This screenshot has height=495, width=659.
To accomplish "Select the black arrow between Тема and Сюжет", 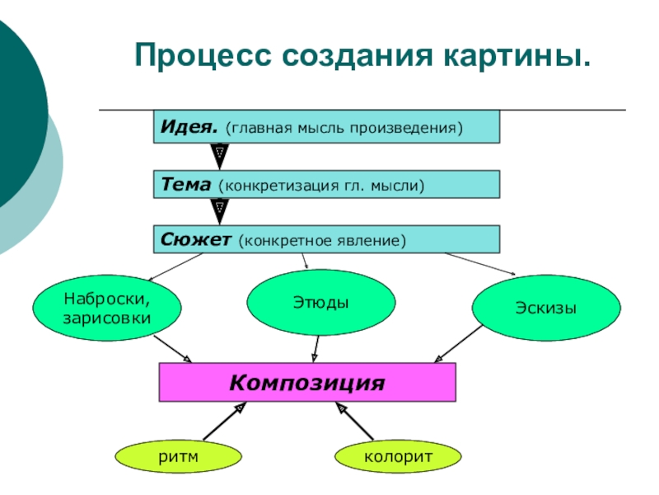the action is coord(219,212).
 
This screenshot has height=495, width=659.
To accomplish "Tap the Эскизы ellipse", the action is coord(544,308).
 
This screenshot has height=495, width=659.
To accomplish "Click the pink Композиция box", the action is coord(306,383).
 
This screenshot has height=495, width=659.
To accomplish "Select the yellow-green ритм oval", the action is coord(178,455).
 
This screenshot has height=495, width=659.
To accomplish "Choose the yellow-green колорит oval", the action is coord(398,455).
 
